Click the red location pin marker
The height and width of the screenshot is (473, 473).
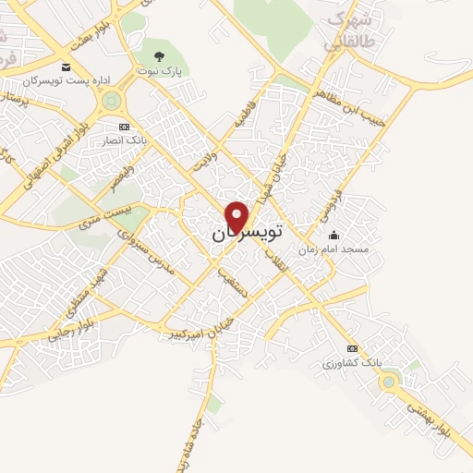pos(237,216)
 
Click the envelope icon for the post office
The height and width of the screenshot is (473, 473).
pos(66,67)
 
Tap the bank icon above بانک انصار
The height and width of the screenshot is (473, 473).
pos(125,127)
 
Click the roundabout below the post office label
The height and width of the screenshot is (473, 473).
pos(113,100)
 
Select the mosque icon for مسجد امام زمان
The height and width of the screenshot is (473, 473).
pos(334,236)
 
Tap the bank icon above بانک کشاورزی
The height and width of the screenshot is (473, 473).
pos(351,348)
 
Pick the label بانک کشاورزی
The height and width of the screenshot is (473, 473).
pos(351,363)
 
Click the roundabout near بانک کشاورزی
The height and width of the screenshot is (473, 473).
pos(389,381)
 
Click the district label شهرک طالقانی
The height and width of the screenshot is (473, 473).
pos(347,30)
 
